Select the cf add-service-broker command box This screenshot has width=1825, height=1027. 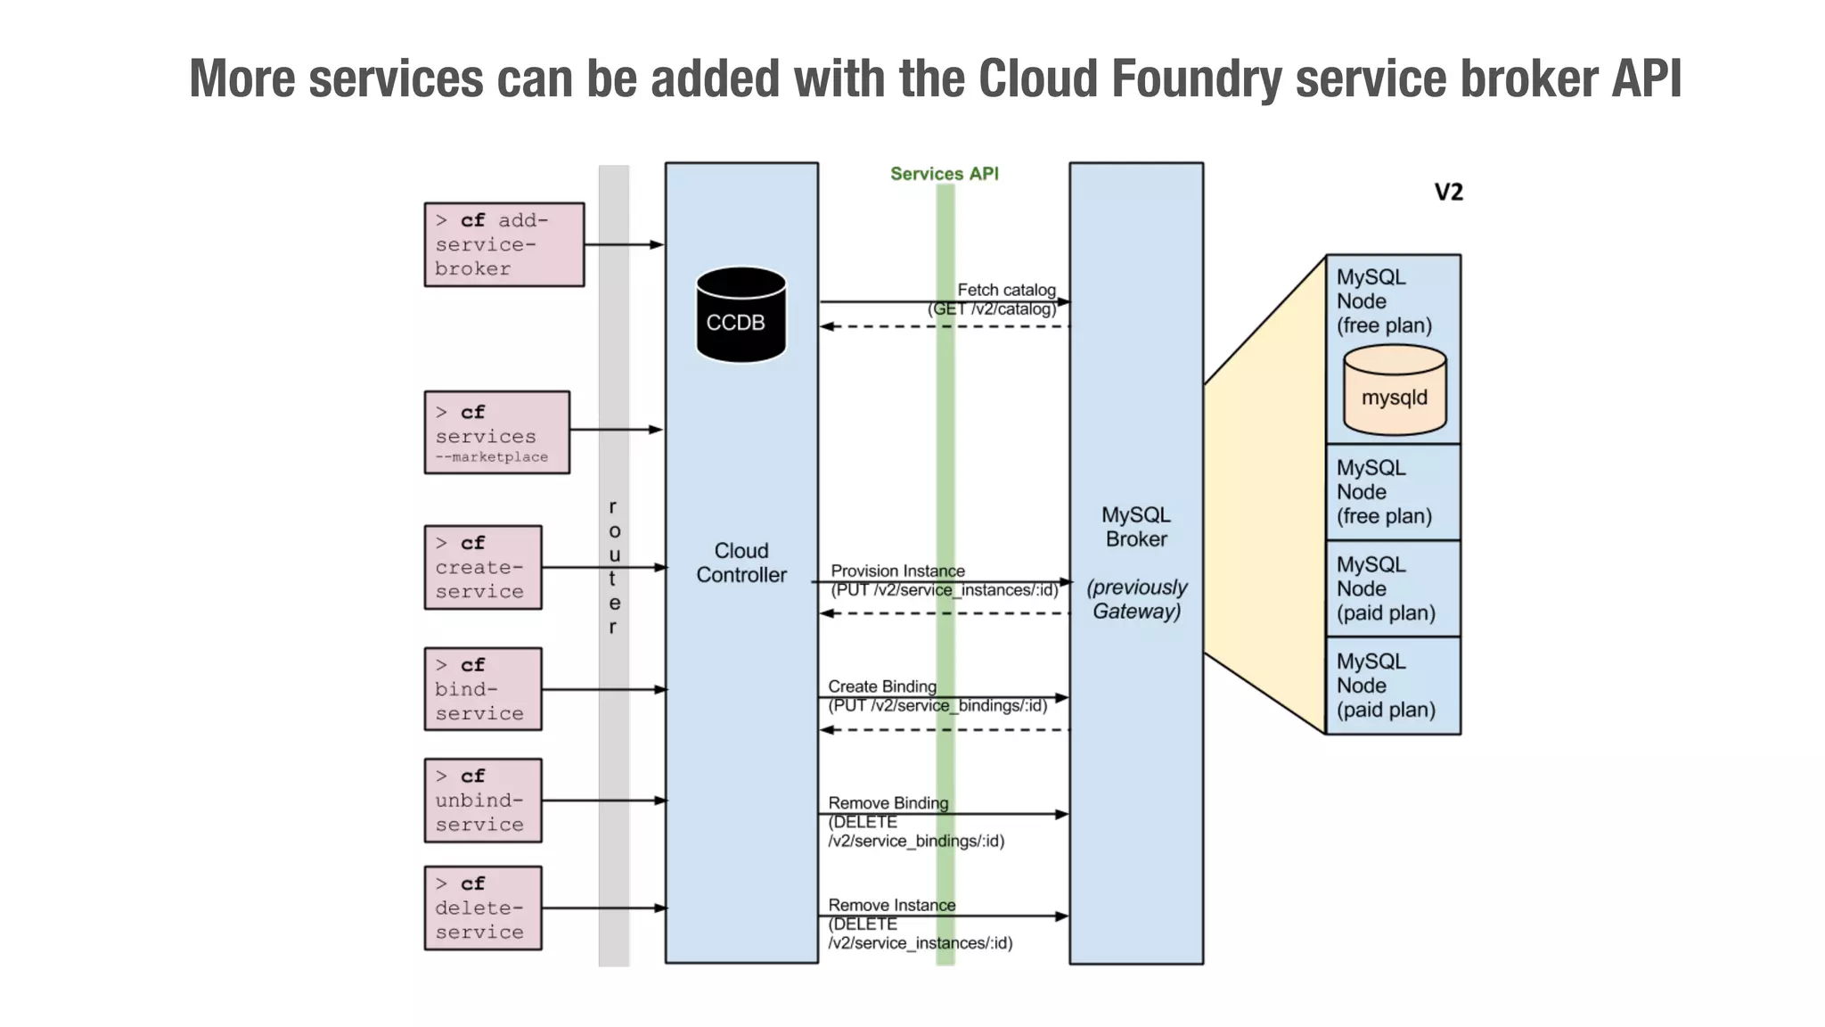[503, 244]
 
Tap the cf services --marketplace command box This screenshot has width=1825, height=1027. [496, 432]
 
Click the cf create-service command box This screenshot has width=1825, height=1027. [482, 568]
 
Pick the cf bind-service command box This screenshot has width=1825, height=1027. [482, 689]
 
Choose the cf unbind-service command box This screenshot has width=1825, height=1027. [482, 801]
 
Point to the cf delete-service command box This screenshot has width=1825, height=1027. [482, 908]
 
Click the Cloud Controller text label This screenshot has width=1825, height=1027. [741, 563]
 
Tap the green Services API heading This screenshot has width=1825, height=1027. [944, 174]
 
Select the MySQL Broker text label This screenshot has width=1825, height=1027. [1135, 527]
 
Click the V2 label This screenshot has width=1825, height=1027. [1448, 193]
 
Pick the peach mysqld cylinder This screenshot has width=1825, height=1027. [1395, 391]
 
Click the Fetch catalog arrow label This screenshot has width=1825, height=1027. [1005, 290]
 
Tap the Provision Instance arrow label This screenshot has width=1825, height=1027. [897, 571]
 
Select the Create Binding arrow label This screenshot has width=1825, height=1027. [882, 686]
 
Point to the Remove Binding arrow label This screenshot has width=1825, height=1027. [888, 803]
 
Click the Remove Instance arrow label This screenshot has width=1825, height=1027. [891, 905]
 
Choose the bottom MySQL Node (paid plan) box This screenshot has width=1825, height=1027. [1393, 686]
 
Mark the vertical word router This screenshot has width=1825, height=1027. [613, 567]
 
